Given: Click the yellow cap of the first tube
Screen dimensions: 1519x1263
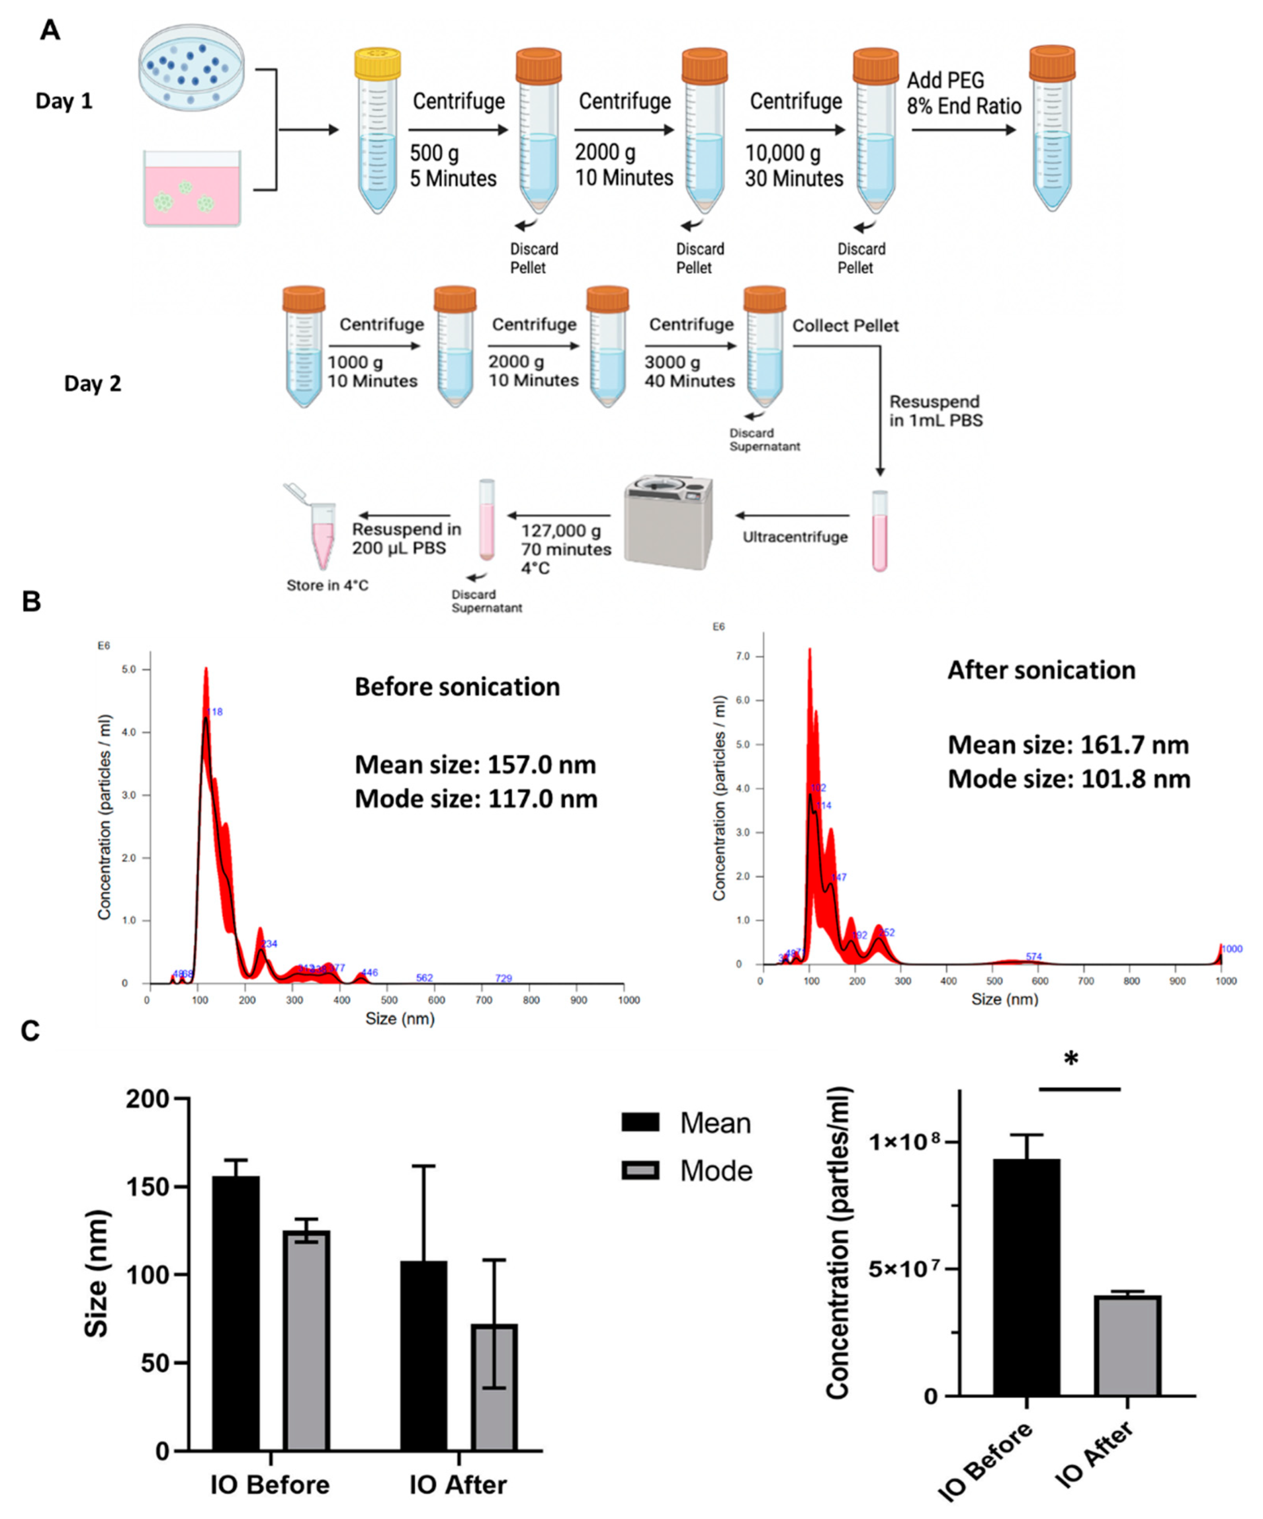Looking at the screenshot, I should pyautogui.click(x=377, y=64).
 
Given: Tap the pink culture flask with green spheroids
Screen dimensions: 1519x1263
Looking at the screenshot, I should pyautogui.click(x=192, y=190).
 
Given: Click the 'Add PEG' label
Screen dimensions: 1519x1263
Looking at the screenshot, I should pyautogui.click(x=945, y=80).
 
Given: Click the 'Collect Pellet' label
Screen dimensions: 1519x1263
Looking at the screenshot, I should pyautogui.click(x=845, y=326).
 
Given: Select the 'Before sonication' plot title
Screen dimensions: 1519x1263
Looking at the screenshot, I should pyautogui.click(x=457, y=686).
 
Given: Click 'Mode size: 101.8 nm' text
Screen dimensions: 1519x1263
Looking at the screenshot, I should pyautogui.click(x=1068, y=779).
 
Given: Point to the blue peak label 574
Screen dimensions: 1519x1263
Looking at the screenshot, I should pyautogui.click(x=1033, y=956).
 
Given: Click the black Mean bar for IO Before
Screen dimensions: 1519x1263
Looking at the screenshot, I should pyautogui.click(x=236, y=1313).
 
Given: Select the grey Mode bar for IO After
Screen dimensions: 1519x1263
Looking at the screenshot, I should pyautogui.click(x=495, y=1387).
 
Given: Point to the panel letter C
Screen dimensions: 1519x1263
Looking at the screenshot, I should pyautogui.click(x=30, y=1031).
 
